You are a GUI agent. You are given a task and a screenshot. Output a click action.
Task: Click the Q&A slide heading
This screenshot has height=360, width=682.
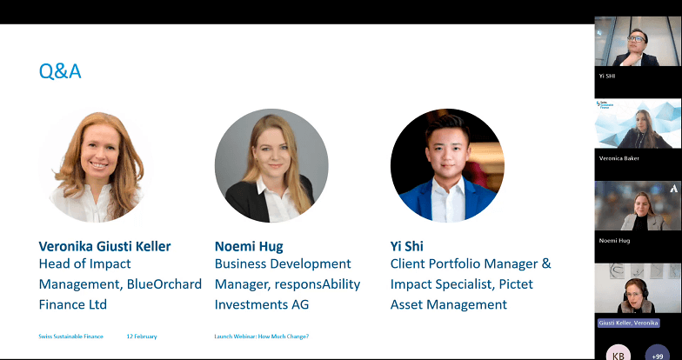pyautogui.click(x=60, y=71)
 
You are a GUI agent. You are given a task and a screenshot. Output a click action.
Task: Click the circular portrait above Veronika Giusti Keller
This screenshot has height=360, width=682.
pyautogui.click(x=96, y=165)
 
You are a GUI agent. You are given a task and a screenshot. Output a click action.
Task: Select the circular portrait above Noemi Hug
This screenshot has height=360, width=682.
pyautogui.click(x=271, y=165)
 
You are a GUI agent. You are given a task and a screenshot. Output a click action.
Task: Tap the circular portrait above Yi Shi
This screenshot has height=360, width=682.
pyautogui.click(x=447, y=165)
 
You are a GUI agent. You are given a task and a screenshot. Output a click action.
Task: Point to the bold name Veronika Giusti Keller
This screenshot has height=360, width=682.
pyautogui.click(x=105, y=246)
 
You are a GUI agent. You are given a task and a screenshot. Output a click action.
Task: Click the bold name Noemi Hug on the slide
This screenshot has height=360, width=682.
pyautogui.click(x=249, y=246)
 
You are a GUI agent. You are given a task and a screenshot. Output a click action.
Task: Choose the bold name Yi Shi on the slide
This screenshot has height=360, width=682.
pyautogui.click(x=406, y=246)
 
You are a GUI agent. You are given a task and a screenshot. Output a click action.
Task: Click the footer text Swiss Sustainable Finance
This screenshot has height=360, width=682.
pyautogui.click(x=71, y=336)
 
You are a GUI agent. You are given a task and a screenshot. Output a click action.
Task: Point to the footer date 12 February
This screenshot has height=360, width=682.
pyautogui.click(x=142, y=336)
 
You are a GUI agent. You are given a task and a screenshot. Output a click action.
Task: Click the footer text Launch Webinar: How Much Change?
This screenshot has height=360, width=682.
pyautogui.click(x=262, y=336)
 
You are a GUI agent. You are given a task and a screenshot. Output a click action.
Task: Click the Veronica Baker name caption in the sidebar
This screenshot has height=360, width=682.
pyautogui.click(x=619, y=158)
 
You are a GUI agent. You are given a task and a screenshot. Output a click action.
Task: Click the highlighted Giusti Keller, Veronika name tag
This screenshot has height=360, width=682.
pyautogui.click(x=628, y=323)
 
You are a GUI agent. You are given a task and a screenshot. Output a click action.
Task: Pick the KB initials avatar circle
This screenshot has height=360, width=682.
pyautogui.click(x=618, y=354)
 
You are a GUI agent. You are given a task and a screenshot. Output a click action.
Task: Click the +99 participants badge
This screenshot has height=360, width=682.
pyautogui.click(x=658, y=354)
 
